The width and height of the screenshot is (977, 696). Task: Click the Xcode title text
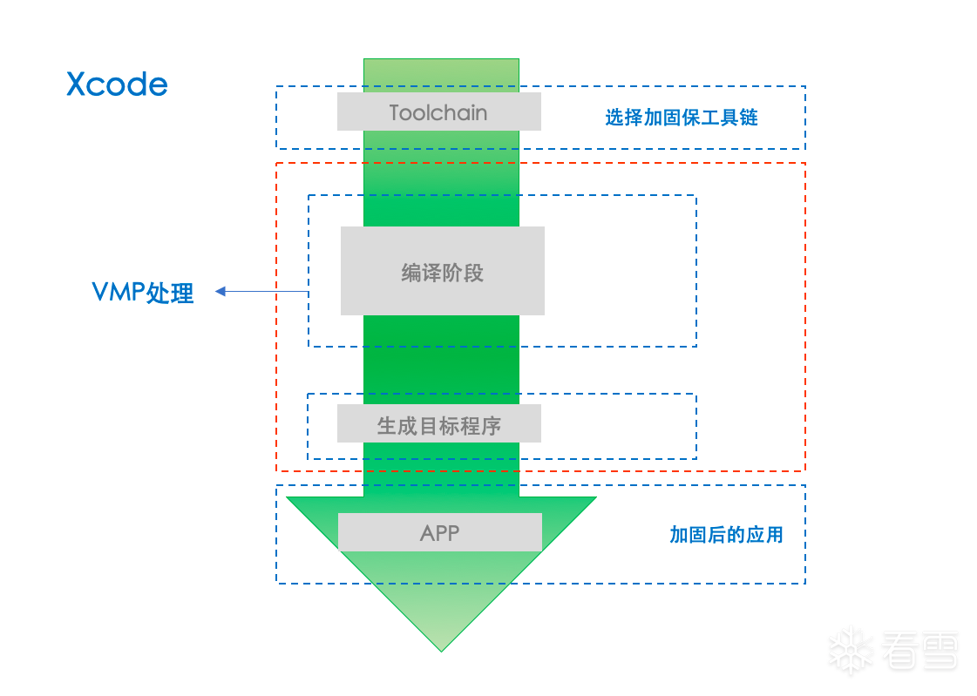pos(117,84)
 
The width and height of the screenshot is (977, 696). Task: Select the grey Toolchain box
pos(439,111)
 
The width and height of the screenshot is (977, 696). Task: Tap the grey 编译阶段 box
pos(443,271)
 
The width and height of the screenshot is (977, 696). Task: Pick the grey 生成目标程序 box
pos(439,423)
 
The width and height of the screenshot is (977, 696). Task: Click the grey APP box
pos(440,532)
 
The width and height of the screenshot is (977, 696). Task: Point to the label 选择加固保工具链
pos(682,117)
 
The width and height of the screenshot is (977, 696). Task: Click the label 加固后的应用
pos(727,534)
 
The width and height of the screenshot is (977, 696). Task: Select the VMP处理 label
pos(143,293)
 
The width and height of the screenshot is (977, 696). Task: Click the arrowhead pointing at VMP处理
pos(220,291)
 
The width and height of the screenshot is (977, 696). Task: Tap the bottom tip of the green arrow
pos(441,652)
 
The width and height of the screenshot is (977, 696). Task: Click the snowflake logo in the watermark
pos(850,652)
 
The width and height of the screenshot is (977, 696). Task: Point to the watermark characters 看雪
pos(919,652)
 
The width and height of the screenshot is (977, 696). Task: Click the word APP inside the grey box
pos(440,533)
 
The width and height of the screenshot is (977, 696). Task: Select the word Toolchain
pos(438,112)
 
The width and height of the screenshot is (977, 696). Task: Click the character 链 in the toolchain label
pos(749,117)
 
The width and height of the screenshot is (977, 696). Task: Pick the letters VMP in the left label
pos(119,291)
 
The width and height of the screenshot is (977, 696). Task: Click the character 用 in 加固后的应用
pos(775,534)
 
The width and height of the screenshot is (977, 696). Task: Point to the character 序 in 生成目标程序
pos(491,426)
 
